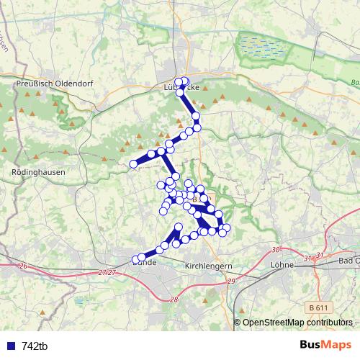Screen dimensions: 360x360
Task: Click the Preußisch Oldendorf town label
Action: (46, 84)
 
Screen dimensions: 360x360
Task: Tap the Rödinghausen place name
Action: (39, 173)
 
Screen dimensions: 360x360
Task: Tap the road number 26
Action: (23, 266)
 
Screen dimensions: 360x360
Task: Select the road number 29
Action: (231, 280)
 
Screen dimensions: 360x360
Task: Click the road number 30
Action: (276, 249)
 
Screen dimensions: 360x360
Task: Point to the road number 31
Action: (308, 258)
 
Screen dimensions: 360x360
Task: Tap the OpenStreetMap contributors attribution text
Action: (297, 323)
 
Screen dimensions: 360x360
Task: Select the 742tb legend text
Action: (35, 346)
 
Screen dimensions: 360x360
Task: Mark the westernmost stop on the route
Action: (133, 165)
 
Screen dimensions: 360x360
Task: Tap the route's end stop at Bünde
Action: (135, 259)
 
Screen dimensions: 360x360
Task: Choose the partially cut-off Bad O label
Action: (348, 260)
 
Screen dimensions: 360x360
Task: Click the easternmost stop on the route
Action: (227, 228)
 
